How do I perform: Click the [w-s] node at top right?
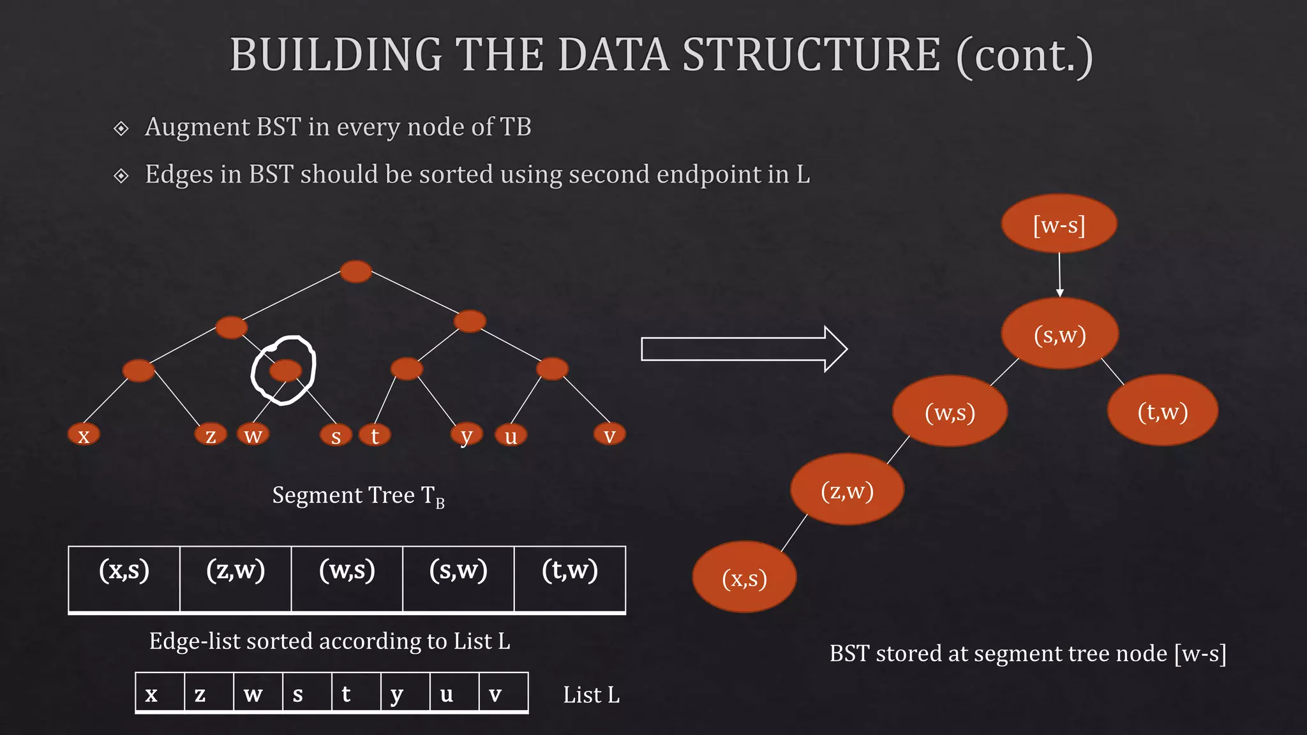[x=1059, y=224]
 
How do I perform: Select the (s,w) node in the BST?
[x=1059, y=334]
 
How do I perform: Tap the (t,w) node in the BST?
[x=1162, y=411]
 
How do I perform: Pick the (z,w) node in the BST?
[x=847, y=490]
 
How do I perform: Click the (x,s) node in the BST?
[x=744, y=577]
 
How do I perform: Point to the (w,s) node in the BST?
[x=950, y=412]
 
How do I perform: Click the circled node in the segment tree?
[x=285, y=370]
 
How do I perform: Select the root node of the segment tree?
[x=355, y=271]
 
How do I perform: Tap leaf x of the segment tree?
[x=84, y=434]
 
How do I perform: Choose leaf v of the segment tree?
[x=609, y=434]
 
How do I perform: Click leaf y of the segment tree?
[x=467, y=434]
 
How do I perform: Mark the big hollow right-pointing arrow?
[x=743, y=349]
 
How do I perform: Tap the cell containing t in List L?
[x=356, y=692]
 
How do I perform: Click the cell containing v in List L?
[x=504, y=692]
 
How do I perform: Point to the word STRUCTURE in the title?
[x=812, y=55]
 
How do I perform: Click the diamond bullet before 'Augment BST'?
[x=121, y=128]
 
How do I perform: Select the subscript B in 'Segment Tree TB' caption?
[x=440, y=503]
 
